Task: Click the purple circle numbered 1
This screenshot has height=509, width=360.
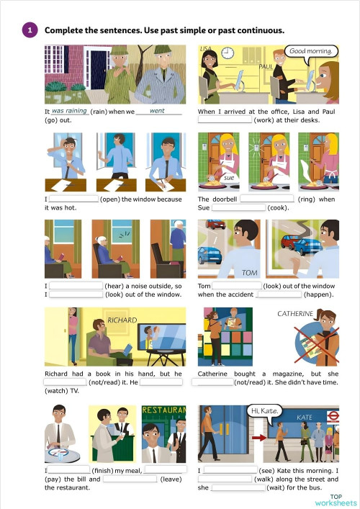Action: (30, 30)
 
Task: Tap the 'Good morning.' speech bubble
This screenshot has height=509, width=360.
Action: (311, 52)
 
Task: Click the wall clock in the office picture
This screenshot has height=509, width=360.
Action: (228, 53)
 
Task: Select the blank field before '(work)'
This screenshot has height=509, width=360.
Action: (225, 120)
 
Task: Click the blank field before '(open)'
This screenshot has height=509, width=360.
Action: (73, 199)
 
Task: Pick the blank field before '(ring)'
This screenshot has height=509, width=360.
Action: (267, 199)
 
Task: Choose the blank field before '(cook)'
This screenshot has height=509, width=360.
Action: (238, 207)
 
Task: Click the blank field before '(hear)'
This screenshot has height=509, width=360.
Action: (76, 286)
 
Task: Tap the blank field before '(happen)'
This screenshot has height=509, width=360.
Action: (279, 294)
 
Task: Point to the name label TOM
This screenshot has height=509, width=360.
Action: (249, 273)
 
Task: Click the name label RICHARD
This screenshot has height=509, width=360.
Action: (122, 320)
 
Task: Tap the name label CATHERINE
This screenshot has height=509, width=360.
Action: (295, 314)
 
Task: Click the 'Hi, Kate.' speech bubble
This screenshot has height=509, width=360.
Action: (264, 412)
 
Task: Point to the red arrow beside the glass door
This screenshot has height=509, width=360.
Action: (259, 438)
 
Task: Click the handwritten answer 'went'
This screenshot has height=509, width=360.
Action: (157, 111)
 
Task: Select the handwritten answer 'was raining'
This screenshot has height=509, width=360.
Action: (69, 111)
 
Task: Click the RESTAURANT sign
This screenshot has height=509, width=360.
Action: (164, 410)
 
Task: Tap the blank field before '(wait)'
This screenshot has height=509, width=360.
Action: (238, 487)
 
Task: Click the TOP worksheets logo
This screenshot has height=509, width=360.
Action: (336, 500)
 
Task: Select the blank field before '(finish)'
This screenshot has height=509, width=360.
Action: (69, 469)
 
